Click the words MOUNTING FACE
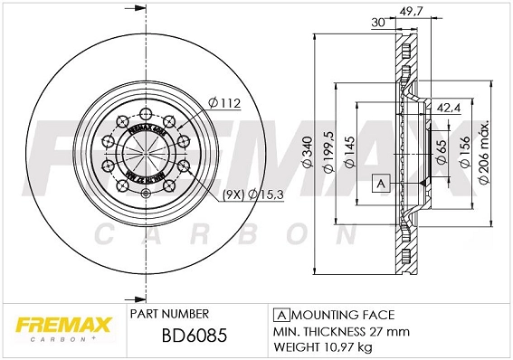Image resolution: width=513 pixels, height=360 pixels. (x=342, y=315)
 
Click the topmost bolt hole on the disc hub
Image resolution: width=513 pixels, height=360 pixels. (x=145, y=114)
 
